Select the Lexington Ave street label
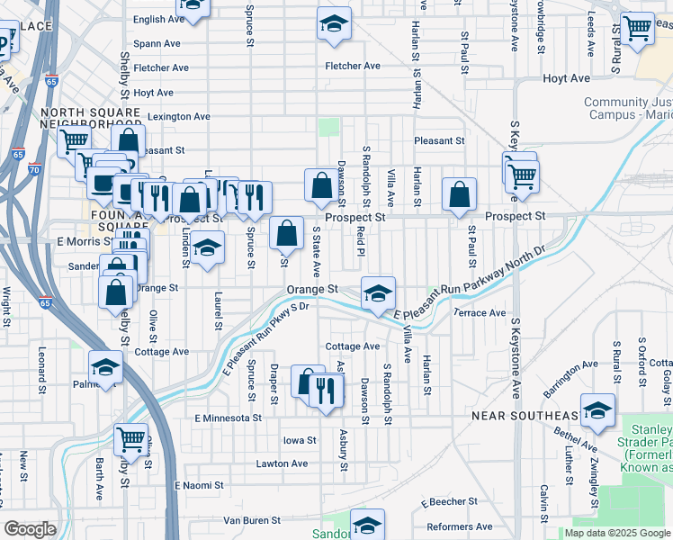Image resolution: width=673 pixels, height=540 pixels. coord(179,116)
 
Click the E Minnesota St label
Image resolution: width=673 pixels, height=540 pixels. coord(228,418)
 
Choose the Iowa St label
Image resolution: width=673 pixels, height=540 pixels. coord(300,441)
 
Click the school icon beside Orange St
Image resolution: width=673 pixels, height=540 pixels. coord(378,292)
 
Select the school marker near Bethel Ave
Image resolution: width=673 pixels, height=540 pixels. coord(598,410)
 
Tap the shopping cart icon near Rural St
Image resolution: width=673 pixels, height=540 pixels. coord(637,28)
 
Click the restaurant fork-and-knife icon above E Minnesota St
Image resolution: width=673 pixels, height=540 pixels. coord(326,389)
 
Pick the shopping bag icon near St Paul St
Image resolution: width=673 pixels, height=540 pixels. coord(460,194)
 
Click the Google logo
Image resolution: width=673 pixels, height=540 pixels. coord(31,529)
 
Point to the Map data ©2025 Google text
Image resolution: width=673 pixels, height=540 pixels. coord(616,533)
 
